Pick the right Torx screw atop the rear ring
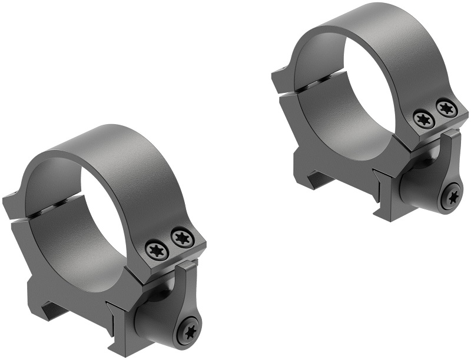446,107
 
